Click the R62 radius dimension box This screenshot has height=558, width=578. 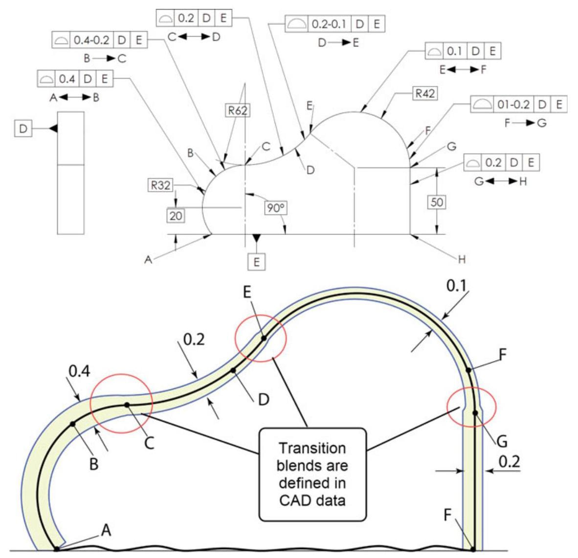[238, 111]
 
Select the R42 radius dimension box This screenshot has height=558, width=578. [425, 94]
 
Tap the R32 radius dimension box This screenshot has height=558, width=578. [160, 186]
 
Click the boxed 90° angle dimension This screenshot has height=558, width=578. [275, 208]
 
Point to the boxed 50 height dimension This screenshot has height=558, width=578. [437, 202]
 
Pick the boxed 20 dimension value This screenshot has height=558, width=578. [176, 215]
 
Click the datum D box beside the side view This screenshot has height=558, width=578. [23, 129]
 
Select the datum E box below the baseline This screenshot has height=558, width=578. [256, 261]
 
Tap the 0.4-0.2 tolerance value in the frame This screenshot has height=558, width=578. [91, 40]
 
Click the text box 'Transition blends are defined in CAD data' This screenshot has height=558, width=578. [312, 474]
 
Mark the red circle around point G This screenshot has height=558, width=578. [471, 406]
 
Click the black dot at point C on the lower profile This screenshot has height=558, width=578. [127, 405]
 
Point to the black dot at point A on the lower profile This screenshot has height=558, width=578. [57, 549]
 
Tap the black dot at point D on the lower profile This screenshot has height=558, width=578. [233, 370]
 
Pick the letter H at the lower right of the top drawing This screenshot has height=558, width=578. [461, 259]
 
